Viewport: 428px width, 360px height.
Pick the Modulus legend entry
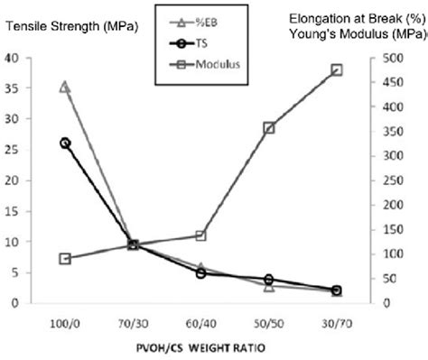tap(200, 63)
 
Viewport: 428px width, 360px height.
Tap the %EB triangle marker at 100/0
tap(65, 87)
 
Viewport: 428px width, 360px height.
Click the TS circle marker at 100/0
tap(65, 143)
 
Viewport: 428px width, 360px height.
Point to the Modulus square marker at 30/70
tap(336, 69)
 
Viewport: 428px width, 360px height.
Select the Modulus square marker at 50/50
tap(268, 128)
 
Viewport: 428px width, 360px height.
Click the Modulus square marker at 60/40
tap(200, 235)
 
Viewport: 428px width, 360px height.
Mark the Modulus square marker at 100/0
tap(65, 259)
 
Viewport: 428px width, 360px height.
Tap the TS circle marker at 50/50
tap(268, 280)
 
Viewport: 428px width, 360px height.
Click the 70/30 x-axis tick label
tap(133, 321)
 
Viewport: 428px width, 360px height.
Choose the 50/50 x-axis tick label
tap(268, 321)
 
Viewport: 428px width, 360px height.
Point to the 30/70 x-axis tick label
tap(336, 321)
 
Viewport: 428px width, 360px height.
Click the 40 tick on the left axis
tap(11, 58)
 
